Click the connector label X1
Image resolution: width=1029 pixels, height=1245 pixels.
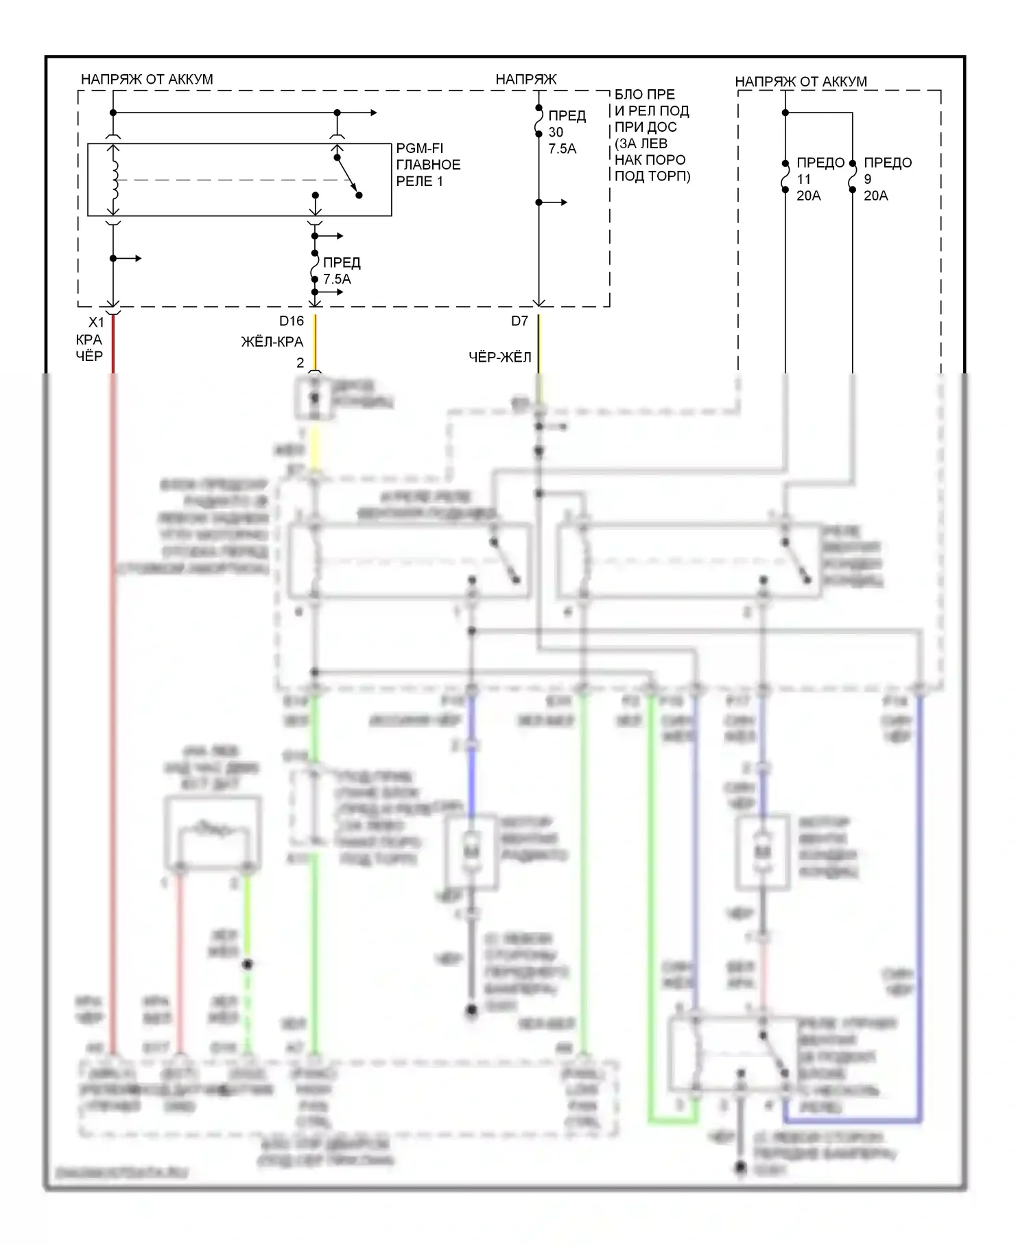click(96, 322)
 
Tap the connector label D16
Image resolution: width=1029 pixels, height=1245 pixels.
click(291, 321)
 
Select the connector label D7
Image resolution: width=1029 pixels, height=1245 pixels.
click(519, 321)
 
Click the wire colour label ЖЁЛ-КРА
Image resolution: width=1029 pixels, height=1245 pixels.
click(272, 342)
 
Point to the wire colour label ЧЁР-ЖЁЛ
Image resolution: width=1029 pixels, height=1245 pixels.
click(499, 357)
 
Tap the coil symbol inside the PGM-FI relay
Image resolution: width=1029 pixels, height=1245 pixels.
click(114, 180)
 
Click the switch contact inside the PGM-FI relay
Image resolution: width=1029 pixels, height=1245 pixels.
click(347, 176)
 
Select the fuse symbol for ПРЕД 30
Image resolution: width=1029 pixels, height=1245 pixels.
click(539, 120)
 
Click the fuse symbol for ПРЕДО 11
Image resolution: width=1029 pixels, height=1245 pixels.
click(785, 176)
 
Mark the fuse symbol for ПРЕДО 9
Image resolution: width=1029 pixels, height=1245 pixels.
click(853, 176)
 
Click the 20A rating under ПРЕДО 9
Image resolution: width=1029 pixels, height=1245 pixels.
click(875, 196)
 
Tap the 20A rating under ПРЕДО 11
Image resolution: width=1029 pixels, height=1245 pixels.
click(808, 196)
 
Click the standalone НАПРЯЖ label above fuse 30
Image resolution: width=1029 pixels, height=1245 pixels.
click(525, 80)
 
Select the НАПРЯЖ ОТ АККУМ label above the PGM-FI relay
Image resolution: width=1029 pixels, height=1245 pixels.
click(147, 80)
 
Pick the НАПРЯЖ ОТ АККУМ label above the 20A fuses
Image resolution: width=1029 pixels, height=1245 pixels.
click(801, 82)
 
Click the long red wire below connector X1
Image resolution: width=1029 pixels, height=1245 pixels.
click(113, 618)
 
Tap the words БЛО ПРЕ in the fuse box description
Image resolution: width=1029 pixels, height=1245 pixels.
click(644, 95)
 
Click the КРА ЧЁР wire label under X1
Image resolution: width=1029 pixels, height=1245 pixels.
click(89, 348)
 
